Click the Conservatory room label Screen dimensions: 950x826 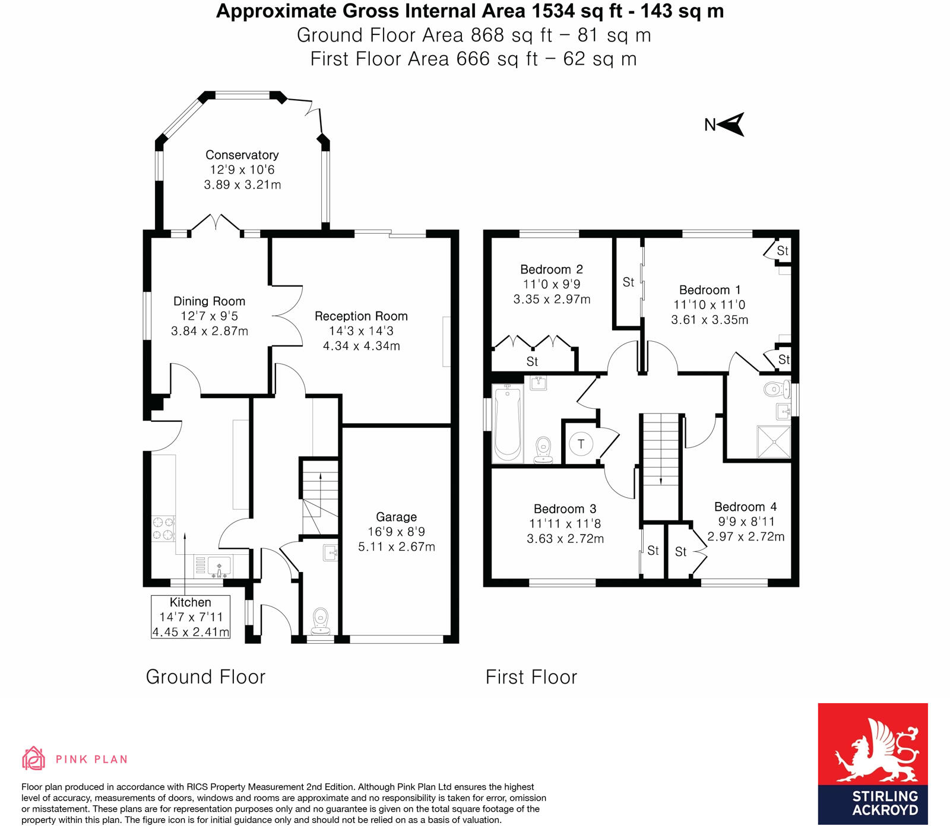(242, 155)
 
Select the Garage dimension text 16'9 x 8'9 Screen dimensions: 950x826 (396, 532)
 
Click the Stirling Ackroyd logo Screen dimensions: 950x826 (872, 763)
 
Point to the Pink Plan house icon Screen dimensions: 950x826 (33, 758)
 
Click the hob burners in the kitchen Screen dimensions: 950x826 (163, 528)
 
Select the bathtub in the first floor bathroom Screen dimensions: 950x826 (508, 422)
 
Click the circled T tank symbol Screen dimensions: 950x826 (581, 444)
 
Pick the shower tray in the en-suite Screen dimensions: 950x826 (774, 441)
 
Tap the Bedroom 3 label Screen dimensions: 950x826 (565, 509)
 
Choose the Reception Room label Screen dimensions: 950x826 (361, 316)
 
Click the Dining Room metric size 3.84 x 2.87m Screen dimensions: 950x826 (210, 331)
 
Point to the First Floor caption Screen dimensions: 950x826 (531, 677)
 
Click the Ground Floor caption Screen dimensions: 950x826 (205, 677)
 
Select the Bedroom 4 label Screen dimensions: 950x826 (745, 507)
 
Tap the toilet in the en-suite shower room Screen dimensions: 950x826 (774, 390)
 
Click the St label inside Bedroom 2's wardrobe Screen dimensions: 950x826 (532, 361)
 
